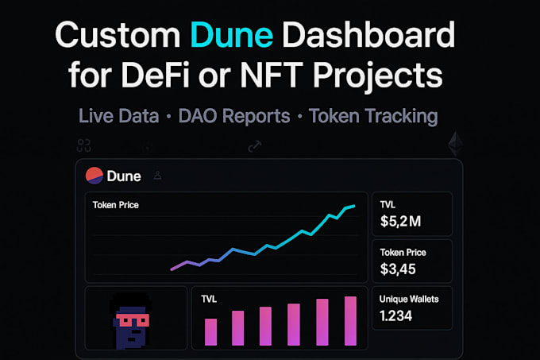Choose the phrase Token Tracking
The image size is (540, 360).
[x=372, y=116]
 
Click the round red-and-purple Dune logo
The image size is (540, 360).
[x=94, y=175]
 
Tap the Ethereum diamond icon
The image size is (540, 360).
[x=455, y=144]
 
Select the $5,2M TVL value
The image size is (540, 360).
[x=402, y=220]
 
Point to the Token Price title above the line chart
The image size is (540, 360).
[x=116, y=205]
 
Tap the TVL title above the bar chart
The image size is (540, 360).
[x=209, y=299]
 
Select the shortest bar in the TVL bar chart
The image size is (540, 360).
[x=211, y=331]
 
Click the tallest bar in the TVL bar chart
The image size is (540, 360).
[x=350, y=320]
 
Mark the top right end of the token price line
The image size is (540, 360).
[x=353, y=205]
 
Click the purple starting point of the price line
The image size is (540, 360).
[x=172, y=269]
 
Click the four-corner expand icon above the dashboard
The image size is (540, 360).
[x=84, y=145]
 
